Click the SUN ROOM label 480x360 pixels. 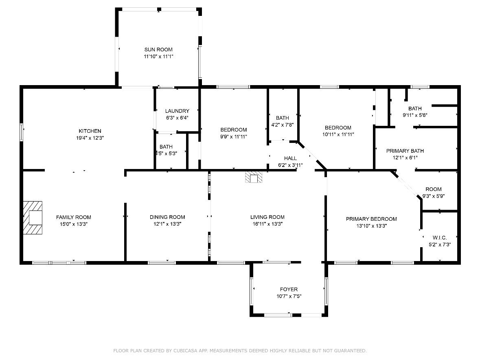[158, 50]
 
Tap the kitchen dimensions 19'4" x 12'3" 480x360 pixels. [90, 138]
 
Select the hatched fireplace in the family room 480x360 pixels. [33, 217]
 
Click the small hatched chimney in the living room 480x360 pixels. [254, 178]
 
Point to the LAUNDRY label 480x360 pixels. [177, 111]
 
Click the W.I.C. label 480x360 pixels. [440, 237]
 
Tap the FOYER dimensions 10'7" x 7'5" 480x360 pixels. [289, 296]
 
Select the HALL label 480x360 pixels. [290, 158]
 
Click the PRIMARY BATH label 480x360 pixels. [402, 151]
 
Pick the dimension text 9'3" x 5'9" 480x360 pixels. [434, 196]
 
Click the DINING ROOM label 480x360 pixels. [167, 217]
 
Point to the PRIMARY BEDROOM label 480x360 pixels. [371, 219]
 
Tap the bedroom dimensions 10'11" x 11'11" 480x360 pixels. [338, 134]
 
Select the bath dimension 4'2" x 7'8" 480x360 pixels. [283, 125]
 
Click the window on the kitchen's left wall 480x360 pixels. [22, 132]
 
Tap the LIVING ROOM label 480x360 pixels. [267, 217]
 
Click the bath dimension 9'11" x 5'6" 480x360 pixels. [415, 115]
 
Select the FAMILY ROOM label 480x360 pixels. [74, 217]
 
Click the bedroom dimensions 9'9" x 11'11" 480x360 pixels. [234, 137]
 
